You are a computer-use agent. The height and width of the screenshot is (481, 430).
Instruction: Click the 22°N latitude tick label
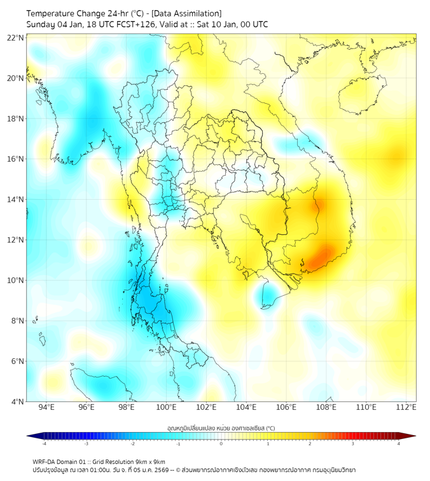click(x=16, y=38)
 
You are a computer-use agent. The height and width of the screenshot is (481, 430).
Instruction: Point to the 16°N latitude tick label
click(x=16, y=159)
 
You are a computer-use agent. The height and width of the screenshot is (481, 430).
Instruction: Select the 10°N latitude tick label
click(x=16, y=280)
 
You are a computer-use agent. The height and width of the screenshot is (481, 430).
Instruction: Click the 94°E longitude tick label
click(x=46, y=407)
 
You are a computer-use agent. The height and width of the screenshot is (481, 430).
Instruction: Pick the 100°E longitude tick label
click(x=167, y=407)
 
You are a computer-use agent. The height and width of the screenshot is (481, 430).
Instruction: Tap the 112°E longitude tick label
click(x=406, y=407)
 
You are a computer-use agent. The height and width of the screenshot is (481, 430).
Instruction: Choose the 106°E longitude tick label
click(x=286, y=407)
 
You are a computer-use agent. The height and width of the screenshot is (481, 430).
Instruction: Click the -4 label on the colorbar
click(x=43, y=444)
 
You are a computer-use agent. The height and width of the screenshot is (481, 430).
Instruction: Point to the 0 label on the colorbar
click(x=221, y=444)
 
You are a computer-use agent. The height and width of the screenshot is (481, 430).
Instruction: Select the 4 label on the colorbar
click(x=399, y=444)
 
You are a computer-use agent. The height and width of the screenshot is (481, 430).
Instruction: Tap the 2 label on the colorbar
click(x=310, y=444)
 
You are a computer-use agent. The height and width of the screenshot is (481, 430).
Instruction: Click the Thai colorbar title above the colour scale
click(x=221, y=428)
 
